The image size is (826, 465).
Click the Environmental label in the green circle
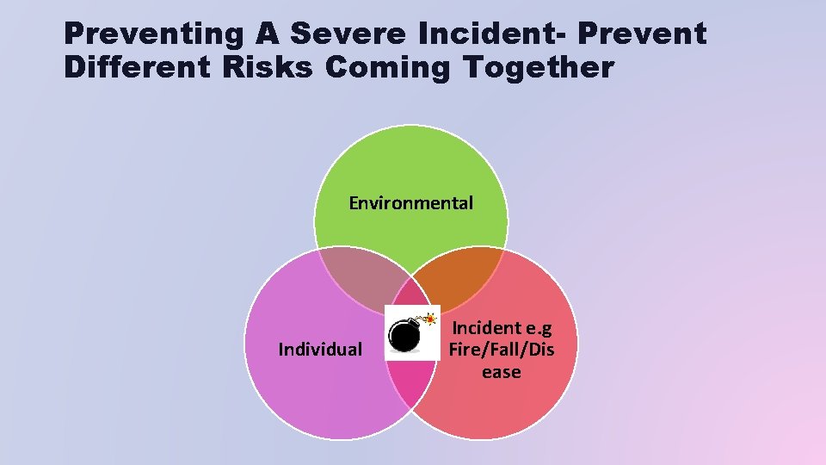click(x=410, y=203)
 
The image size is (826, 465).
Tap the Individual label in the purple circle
click(x=320, y=349)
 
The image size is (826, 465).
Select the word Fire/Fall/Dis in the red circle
click(x=502, y=350)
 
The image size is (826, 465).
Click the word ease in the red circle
click(x=502, y=372)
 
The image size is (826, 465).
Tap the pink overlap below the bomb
click(x=411, y=379)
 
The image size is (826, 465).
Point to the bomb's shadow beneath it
click(x=404, y=350)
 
